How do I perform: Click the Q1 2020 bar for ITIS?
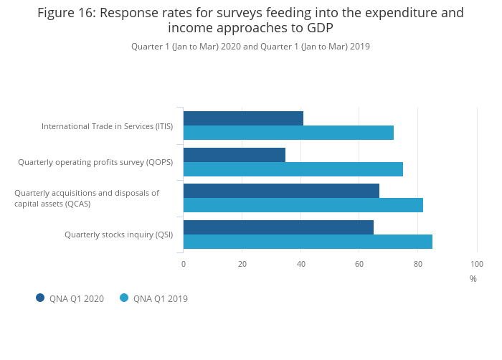click(x=243, y=118)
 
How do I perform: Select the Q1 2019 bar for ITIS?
click(x=288, y=133)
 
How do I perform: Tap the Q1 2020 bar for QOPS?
click(x=235, y=155)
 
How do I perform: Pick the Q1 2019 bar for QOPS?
click(x=293, y=169)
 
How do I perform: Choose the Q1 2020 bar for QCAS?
click(x=281, y=191)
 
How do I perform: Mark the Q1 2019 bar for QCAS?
click(x=303, y=205)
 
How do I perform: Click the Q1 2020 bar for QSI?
click(x=278, y=227)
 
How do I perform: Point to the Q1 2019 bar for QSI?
click(x=308, y=242)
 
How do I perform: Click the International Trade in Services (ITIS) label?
click(x=107, y=126)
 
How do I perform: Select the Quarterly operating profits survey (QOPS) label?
click(x=95, y=162)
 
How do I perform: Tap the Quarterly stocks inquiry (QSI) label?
click(x=118, y=235)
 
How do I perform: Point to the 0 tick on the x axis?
click(x=184, y=264)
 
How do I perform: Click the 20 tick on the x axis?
click(x=242, y=264)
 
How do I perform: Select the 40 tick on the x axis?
click(x=301, y=264)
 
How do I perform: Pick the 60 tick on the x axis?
click(x=359, y=264)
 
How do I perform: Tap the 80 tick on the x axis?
click(x=418, y=264)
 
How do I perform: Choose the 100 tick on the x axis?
click(x=477, y=264)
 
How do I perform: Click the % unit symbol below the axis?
click(x=473, y=279)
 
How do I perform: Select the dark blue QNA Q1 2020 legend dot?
click(x=40, y=298)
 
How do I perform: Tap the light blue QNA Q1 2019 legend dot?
click(x=124, y=298)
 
